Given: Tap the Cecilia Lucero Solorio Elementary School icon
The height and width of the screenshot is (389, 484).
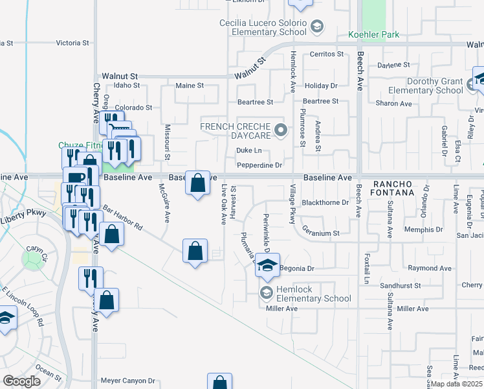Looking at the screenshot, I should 317,26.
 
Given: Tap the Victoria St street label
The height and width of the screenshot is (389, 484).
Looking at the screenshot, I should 72,43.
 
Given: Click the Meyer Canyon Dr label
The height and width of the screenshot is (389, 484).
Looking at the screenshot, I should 128,381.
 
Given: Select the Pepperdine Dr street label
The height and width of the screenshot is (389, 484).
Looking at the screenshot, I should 259,165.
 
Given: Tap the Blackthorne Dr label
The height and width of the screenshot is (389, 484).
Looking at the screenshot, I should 325,202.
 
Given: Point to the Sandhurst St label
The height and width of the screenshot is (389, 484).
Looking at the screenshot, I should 401,285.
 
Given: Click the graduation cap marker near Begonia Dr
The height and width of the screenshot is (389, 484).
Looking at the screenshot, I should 267,265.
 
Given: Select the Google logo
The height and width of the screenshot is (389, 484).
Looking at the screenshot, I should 21,381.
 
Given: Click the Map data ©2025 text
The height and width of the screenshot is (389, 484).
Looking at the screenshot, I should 456,384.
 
